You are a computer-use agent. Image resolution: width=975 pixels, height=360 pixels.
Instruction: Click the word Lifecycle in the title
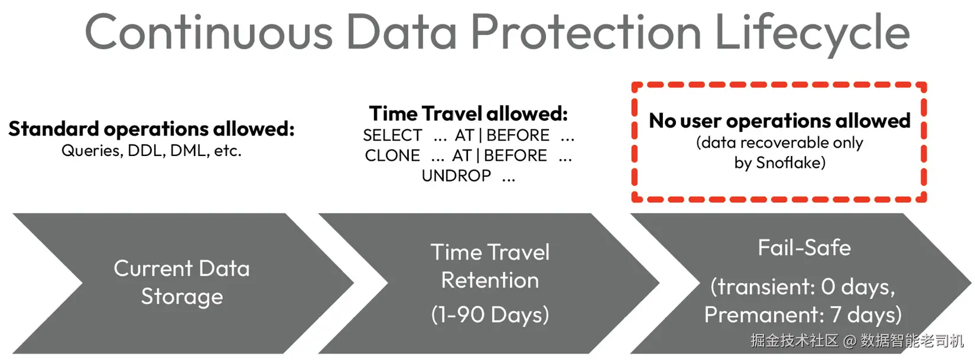point(812,33)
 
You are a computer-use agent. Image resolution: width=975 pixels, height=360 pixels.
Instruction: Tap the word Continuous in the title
point(209,31)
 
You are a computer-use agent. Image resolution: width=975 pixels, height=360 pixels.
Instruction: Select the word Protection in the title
point(586,31)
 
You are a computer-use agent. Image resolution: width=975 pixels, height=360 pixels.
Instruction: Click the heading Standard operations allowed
point(151,129)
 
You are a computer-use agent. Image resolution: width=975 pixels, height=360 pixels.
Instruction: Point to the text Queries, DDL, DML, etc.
point(151,151)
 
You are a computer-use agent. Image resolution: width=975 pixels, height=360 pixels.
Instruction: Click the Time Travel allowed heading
point(469,113)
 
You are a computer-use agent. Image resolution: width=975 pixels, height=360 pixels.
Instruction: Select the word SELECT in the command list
point(392,135)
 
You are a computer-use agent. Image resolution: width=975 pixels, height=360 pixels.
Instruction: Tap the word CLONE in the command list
point(392,155)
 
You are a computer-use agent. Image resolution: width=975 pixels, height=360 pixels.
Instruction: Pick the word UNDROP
point(456,176)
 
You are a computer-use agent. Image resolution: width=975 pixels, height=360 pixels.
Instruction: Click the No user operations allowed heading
point(779,121)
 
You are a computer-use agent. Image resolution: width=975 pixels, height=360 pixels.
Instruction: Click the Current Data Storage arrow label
point(182,282)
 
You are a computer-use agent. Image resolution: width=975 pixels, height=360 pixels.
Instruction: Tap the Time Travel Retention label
point(490,266)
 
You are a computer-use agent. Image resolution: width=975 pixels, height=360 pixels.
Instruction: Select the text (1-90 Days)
point(490,314)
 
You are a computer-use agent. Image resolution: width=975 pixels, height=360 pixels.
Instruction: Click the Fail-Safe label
point(804,248)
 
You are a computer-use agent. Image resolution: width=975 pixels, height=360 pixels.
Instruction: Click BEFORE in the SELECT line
point(518,135)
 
